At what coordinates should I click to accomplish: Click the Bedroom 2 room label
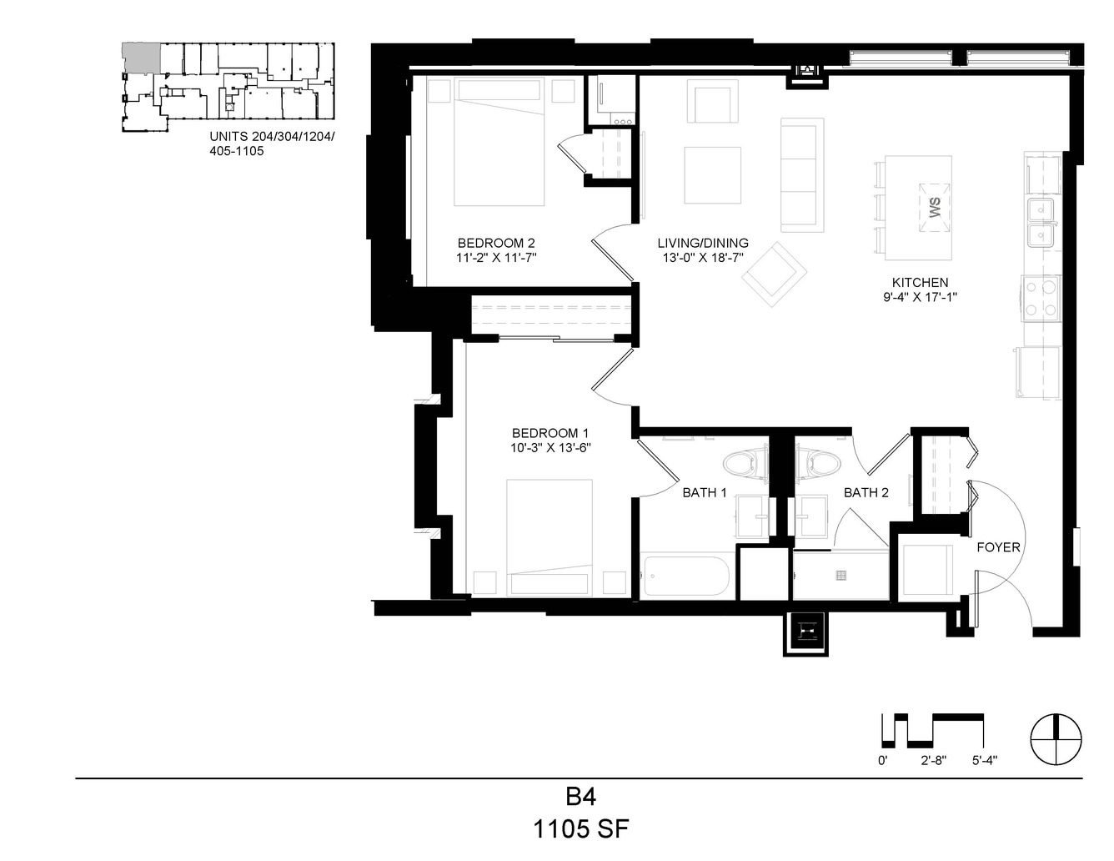tap(496, 243)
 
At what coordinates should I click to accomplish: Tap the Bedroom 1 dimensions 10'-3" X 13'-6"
tap(550, 448)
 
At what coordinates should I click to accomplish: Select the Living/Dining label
tap(703, 243)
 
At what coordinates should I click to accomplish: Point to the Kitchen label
tap(920, 282)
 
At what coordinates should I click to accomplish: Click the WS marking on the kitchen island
tap(935, 208)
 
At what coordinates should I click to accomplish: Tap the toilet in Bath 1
tap(746, 464)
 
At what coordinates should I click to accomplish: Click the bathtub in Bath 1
tap(685, 576)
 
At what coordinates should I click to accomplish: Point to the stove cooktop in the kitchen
tap(1041, 299)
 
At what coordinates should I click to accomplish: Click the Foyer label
tap(998, 547)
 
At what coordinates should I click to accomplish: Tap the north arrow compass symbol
tap(1056, 739)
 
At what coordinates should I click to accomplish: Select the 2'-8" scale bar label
tap(933, 760)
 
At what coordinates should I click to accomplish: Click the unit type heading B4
tap(580, 797)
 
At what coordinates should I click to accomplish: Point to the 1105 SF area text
tap(581, 828)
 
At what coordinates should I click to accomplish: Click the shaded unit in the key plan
tap(141, 58)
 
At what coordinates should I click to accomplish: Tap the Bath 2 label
tap(866, 492)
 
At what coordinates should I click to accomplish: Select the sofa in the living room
tap(802, 175)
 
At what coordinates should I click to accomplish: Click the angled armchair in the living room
tap(774, 274)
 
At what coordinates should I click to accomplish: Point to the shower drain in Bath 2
tap(841, 575)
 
